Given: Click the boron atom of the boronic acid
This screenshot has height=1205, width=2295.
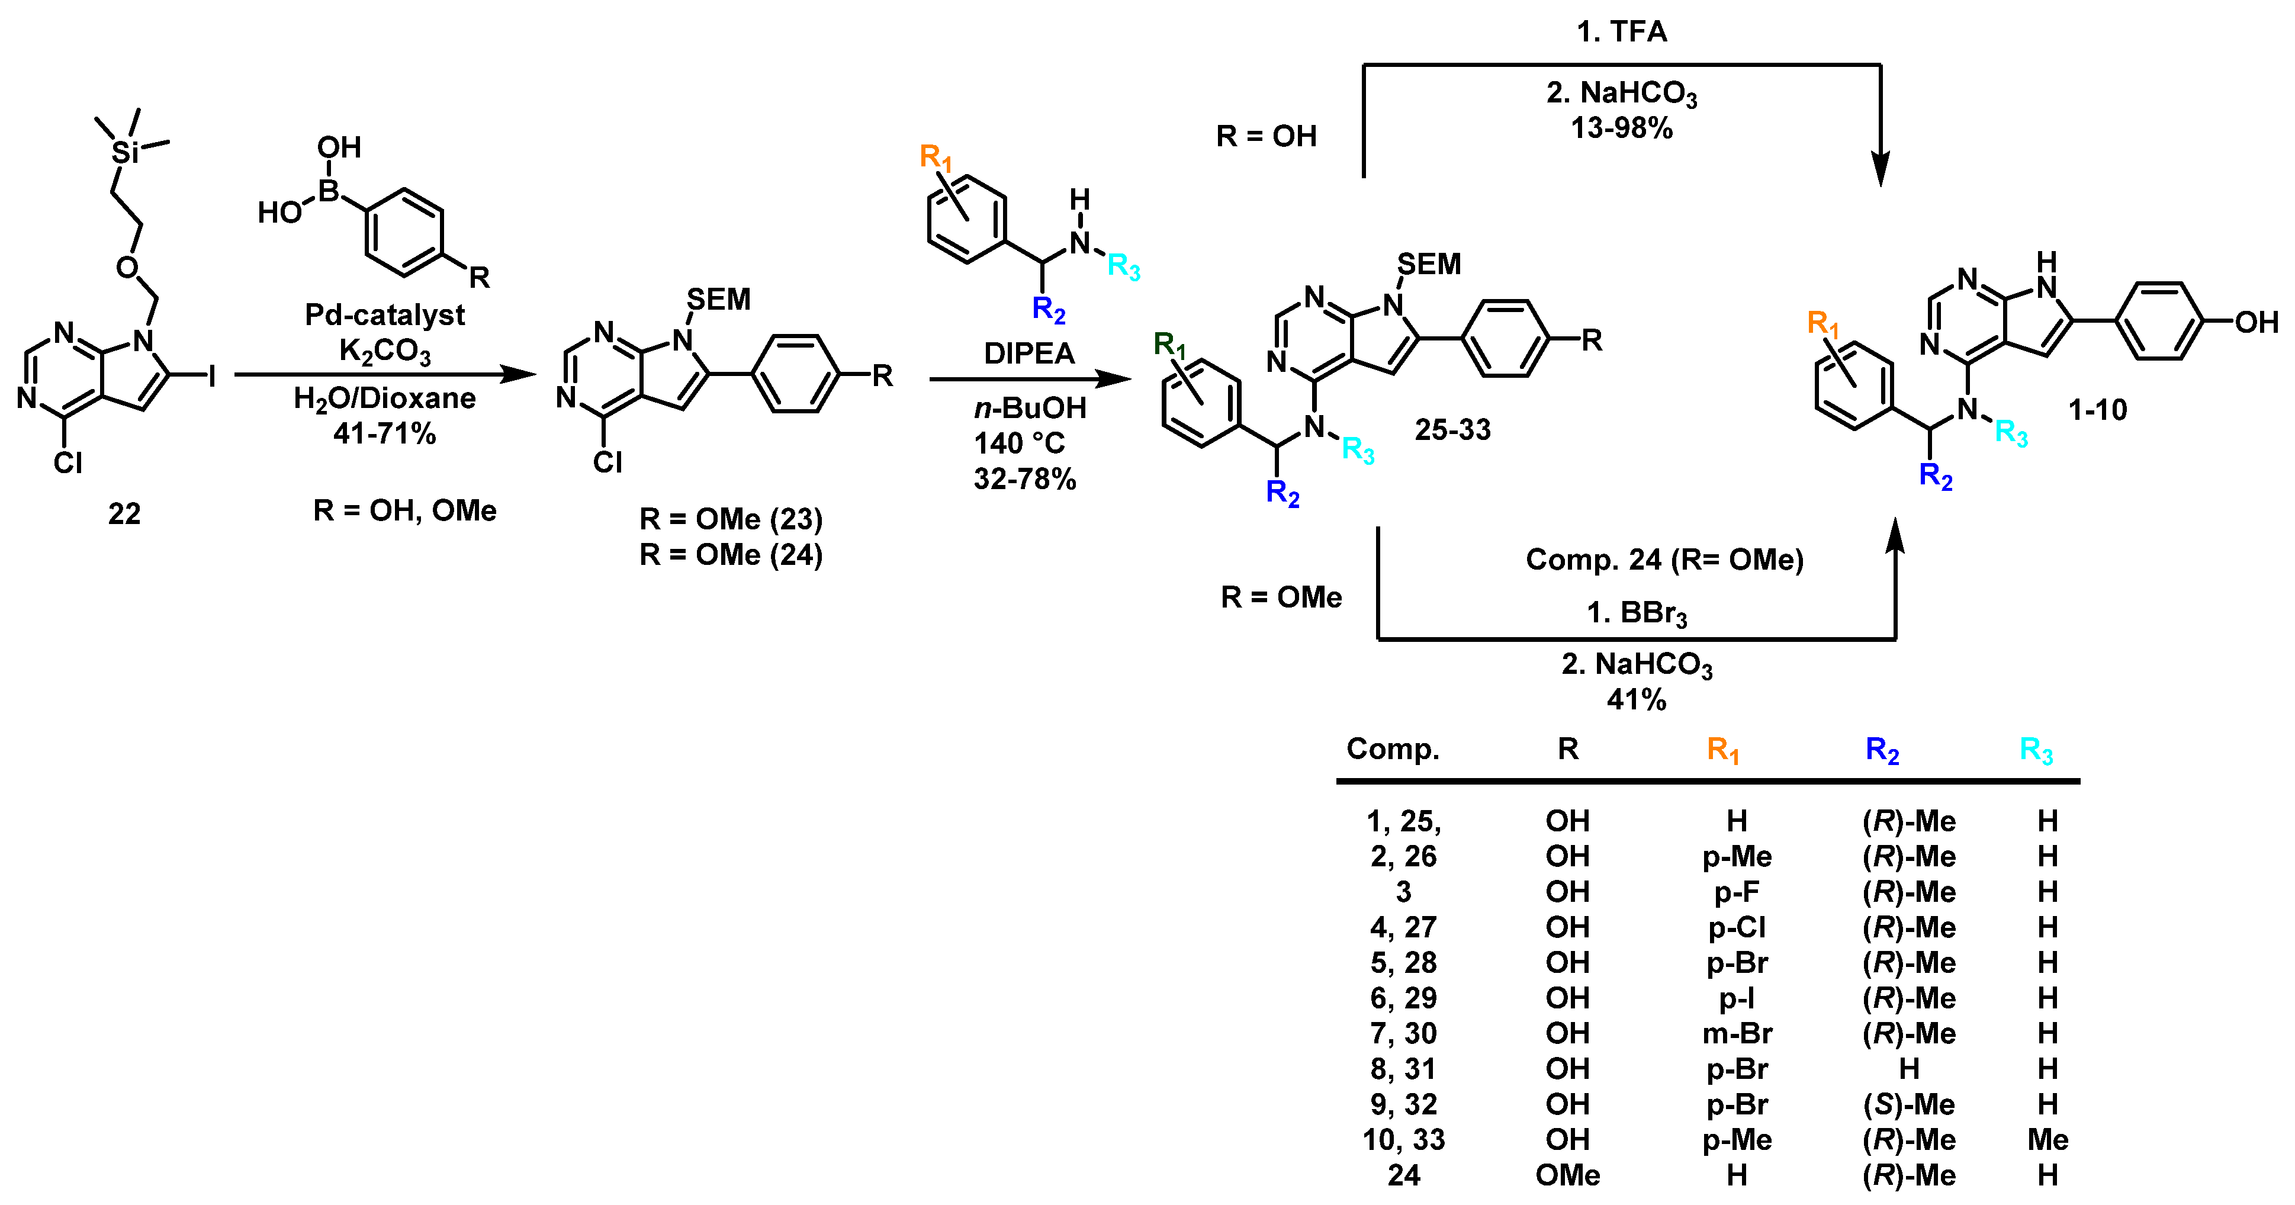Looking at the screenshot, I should (x=329, y=191).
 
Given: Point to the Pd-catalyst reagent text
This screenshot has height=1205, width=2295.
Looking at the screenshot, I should (x=384, y=314).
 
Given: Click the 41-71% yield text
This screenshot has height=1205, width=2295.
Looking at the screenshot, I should (x=384, y=434).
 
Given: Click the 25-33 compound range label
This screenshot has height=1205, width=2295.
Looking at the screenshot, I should (x=1452, y=429).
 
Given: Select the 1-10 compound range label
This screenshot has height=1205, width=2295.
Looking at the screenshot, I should (x=2097, y=410).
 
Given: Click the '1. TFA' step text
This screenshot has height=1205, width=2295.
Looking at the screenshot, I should (x=1621, y=32).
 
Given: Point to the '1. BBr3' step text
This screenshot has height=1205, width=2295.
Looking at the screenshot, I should (x=1637, y=613).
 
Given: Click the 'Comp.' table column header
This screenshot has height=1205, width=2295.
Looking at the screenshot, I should (x=1393, y=748).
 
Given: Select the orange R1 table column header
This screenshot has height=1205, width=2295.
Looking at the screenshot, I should (x=1723, y=750).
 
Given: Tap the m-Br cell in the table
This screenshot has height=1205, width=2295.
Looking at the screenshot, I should (x=1737, y=1033).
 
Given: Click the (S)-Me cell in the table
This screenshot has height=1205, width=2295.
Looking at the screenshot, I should (x=1908, y=1104).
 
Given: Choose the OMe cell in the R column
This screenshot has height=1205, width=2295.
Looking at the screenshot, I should (x=1567, y=1175).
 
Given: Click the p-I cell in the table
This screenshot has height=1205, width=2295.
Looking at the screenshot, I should (x=1737, y=998).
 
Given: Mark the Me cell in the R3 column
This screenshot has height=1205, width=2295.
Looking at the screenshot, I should (x=2047, y=1140).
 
